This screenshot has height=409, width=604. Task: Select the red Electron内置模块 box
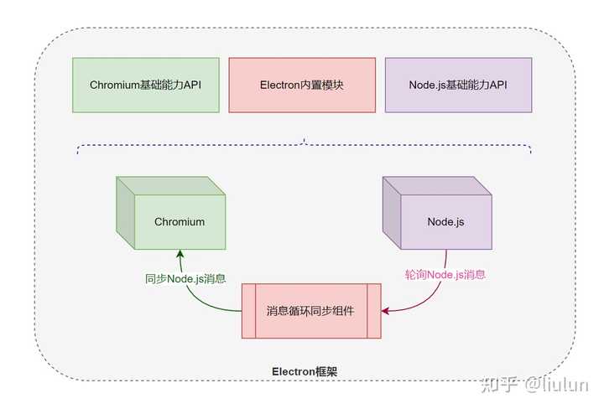coord(302,85)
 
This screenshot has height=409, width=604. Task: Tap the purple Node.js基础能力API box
coord(458,85)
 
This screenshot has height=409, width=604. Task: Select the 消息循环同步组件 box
coord(310,311)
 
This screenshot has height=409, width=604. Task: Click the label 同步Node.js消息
coord(185,278)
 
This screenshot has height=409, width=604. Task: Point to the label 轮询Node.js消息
coord(445,274)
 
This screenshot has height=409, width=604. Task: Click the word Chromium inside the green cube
coord(179,222)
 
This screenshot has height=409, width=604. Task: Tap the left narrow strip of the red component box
coord(248,311)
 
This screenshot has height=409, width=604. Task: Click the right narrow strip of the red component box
coord(373,311)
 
